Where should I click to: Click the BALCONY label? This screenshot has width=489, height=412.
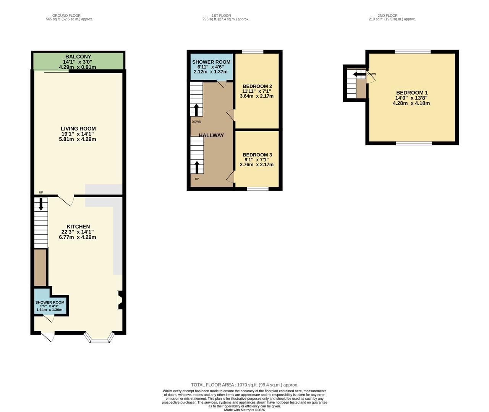click(x=78, y=57)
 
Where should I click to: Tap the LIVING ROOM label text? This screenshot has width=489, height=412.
click(x=78, y=129)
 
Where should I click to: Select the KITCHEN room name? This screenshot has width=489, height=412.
click(x=78, y=227)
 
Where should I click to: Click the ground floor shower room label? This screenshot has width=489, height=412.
click(x=50, y=303)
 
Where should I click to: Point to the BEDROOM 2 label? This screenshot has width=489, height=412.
click(x=257, y=86)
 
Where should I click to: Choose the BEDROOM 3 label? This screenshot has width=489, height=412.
click(x=257, y=154)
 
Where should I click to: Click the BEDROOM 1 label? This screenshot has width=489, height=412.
click(x=412, y=93)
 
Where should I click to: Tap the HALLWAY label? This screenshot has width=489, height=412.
click(x=211, y=135)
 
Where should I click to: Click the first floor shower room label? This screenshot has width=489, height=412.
click(x=211, y=62)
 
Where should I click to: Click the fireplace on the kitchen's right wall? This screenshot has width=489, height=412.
click(x=120, y=300)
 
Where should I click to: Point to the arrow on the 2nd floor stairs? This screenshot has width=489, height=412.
click(x=359, y=74)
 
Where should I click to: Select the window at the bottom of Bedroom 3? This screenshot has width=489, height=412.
click(x=257, y=188)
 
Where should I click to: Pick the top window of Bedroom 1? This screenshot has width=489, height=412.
click(x=413, y=52)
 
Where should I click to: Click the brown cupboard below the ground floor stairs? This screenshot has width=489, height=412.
click(x=40, y=267)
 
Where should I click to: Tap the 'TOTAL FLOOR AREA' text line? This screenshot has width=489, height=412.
click(x=244, y=385)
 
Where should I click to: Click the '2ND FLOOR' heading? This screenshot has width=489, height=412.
click(x=387, y=16)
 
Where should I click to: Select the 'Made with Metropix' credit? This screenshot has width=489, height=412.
click(x=244, y=410)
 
